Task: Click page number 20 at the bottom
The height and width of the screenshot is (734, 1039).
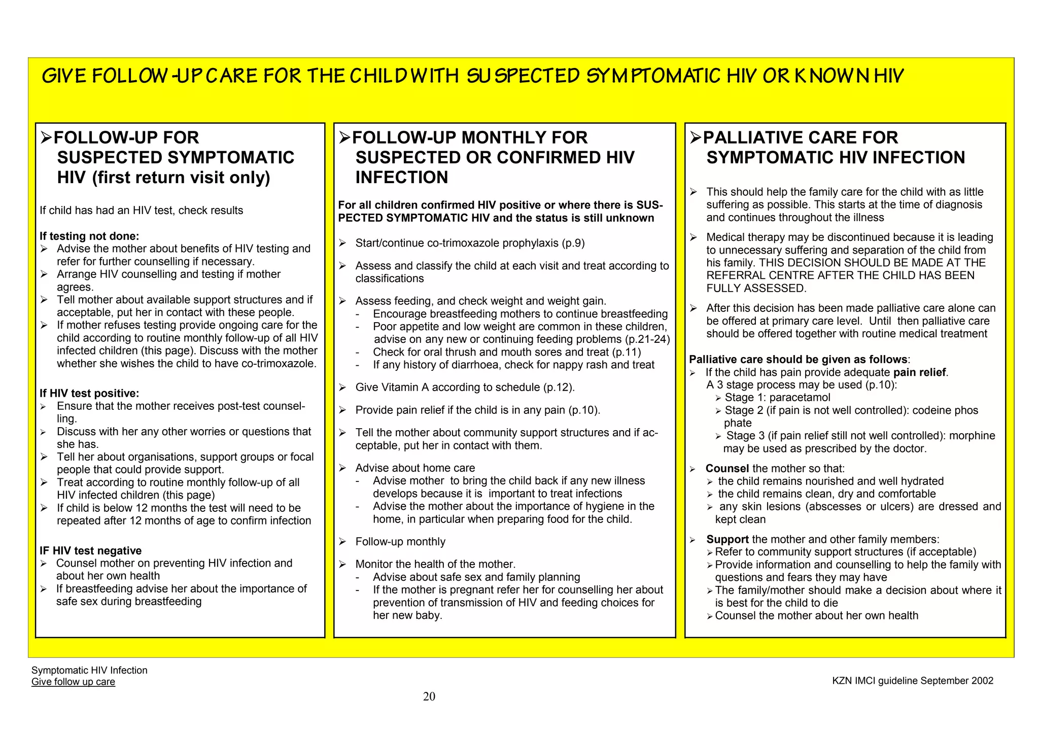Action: pos(429,696)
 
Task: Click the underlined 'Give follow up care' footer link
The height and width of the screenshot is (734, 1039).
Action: pos(73,682)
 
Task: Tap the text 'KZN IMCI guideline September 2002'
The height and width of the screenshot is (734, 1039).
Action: pos(913,681)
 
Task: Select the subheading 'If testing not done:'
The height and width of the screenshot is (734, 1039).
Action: pos(89,236)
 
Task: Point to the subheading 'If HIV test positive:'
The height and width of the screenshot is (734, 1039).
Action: pos(89,393)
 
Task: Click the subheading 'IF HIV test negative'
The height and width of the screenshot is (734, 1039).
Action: pos(91,550)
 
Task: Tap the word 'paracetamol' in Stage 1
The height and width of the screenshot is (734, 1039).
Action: pos(800,398)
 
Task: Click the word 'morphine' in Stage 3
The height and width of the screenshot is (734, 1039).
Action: pos(972,436)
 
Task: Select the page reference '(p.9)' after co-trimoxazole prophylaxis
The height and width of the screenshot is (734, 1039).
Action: pos(573,243)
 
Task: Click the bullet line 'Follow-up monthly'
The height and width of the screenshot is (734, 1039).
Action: pos(400,542)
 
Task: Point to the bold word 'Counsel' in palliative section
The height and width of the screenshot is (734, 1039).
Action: pos(727,468)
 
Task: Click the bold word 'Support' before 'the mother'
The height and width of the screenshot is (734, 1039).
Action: pos(728,539)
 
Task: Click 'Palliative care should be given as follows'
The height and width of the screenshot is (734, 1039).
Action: pos(798,360)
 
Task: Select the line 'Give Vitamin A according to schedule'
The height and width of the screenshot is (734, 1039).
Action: pos(465,388)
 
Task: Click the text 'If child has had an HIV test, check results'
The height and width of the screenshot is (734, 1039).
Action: pos(142,211)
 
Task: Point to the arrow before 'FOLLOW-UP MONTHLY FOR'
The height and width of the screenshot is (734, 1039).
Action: pos(344,137)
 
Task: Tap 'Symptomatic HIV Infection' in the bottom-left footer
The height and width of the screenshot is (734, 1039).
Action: pos(89,670)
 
